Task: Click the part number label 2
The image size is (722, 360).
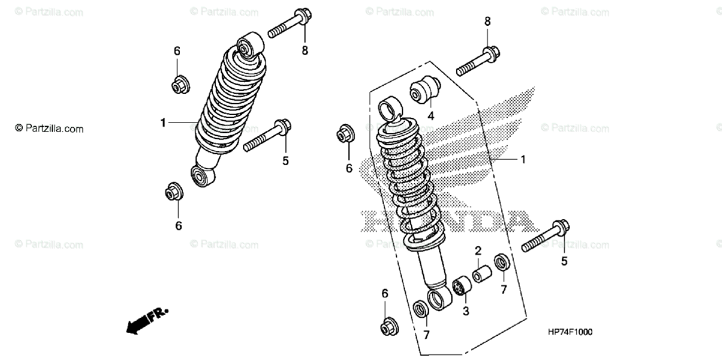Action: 478,250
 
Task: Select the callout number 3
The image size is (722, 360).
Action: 466,311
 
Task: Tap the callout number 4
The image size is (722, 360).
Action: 431,114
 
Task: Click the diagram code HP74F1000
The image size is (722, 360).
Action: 570,332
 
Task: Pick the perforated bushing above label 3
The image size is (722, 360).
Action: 461,285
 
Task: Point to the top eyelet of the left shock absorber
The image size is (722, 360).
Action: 248,45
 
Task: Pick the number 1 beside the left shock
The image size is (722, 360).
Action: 163,123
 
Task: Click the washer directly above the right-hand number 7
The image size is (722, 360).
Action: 501,263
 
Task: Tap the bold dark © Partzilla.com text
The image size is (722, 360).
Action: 49,128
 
